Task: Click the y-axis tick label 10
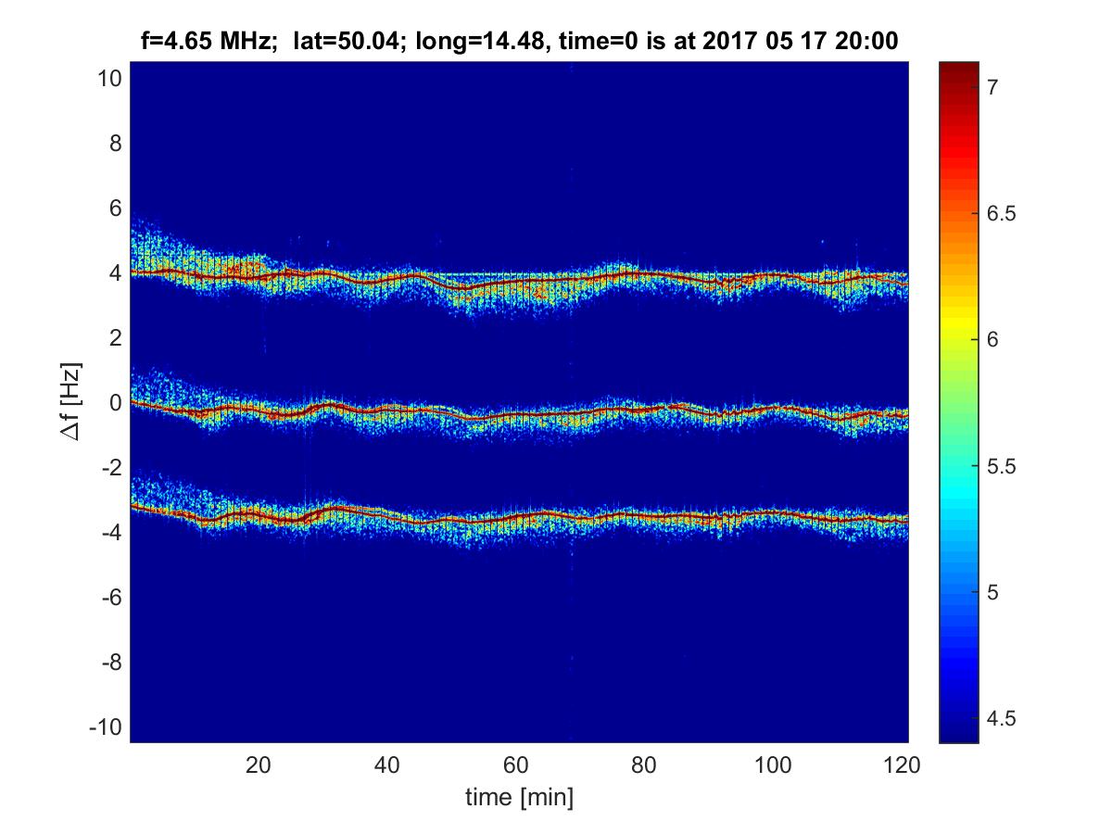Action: [109, 79]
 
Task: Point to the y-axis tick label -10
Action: [106, 727]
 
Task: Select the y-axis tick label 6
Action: [115, 208]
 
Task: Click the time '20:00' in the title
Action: [865, 41]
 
